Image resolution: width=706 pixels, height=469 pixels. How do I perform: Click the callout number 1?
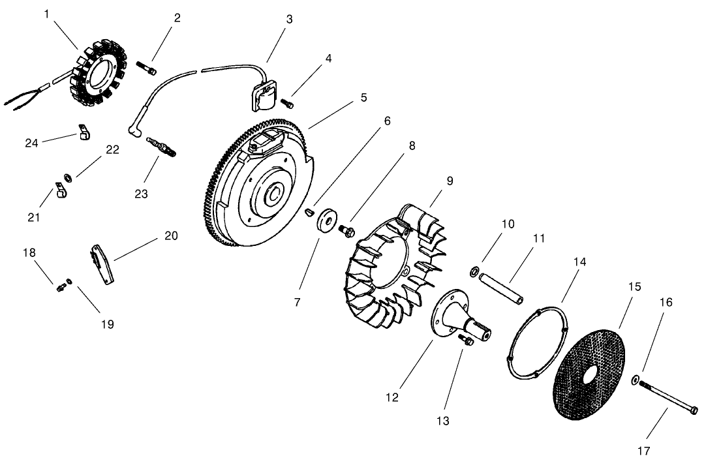coord(46,13)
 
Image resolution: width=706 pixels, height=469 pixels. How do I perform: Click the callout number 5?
coord(363,97)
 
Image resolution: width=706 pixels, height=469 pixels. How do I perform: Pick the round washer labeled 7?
coord(324,220)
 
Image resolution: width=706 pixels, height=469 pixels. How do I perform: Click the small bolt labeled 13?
coord(465,339)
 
